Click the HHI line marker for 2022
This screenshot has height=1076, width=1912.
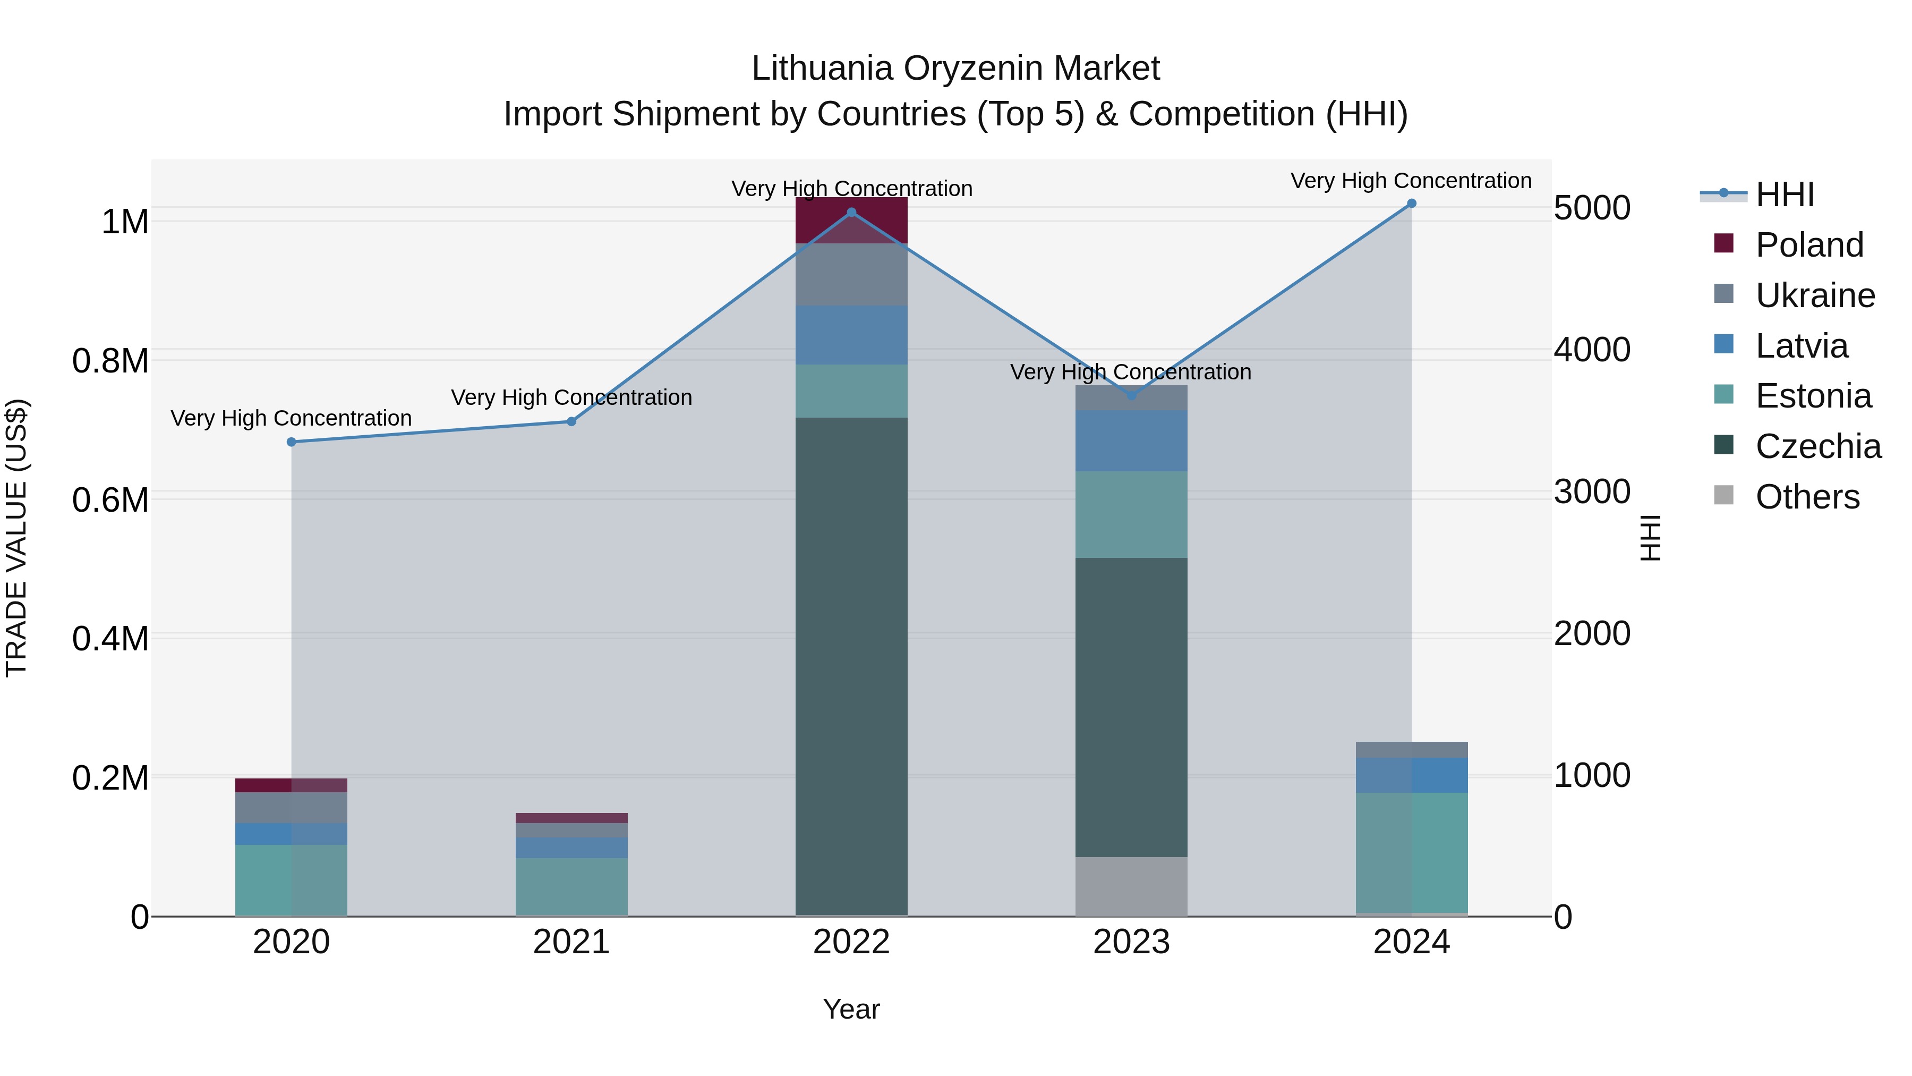(x=851, y=213)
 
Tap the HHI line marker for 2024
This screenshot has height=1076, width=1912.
(x=1412, y=204)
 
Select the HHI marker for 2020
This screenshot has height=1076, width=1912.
(x=292, y=442)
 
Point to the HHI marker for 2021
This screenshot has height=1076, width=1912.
(x=571, y=422)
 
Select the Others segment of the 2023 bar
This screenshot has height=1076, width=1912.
(x=1131, y=887)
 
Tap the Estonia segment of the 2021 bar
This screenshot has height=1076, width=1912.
(x=571, y=887)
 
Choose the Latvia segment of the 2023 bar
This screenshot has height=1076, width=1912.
(x=1131, y=441)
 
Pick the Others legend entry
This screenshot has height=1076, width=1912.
(x=1807, y=497)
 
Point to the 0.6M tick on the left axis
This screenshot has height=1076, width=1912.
(x=110, y=501)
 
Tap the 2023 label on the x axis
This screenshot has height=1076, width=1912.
(x=1131, y=942)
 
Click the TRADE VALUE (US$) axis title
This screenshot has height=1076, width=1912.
(x=17, y=538)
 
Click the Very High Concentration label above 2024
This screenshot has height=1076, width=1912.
(x=1411, y=181)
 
